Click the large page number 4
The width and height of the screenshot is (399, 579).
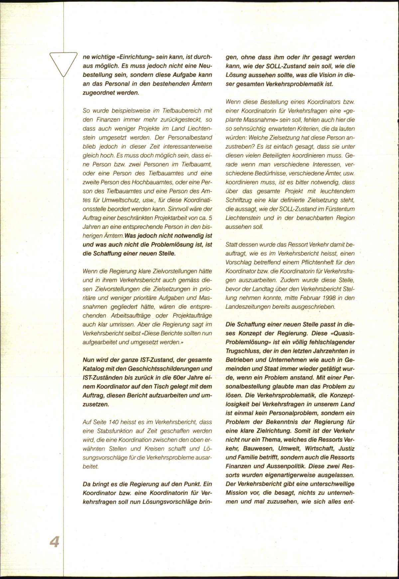pyautogui.click(x=54, y=541)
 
